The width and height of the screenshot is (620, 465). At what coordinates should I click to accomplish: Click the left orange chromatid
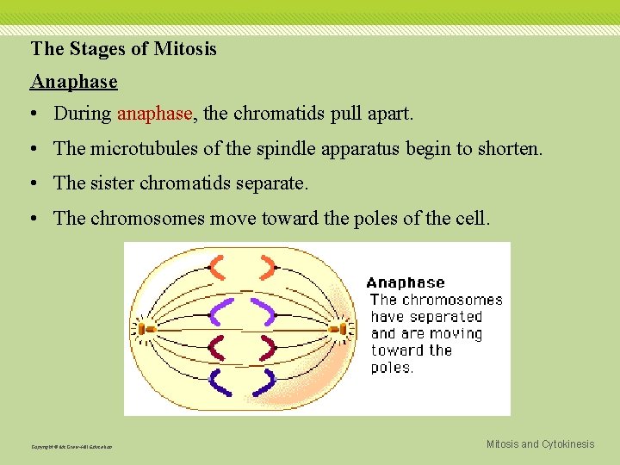(220, 269)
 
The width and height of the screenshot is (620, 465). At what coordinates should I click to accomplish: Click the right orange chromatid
(268, 269)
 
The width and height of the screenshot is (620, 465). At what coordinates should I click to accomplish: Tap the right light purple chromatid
(263, 309)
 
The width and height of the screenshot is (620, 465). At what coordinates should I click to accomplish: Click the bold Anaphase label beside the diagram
(406, 282)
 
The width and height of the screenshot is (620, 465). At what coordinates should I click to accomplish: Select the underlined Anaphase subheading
(74, 82)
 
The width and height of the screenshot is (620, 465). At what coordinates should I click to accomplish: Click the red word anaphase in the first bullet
(156, 113)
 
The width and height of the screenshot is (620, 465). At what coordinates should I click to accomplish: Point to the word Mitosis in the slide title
(185, 49)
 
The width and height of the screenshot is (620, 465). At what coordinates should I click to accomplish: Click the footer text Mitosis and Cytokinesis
(540, 444)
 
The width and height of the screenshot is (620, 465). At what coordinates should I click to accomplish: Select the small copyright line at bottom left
(71, 447)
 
